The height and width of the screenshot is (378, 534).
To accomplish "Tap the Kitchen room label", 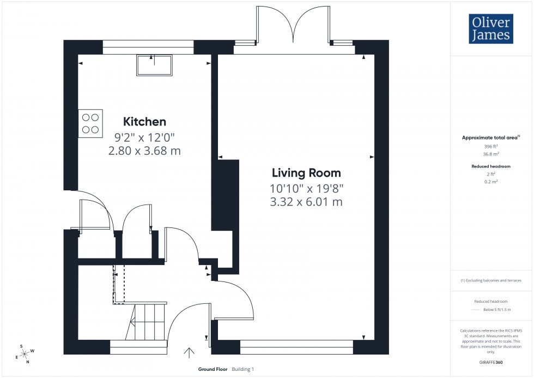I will pos(144,122).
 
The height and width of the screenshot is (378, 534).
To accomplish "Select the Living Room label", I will pos(306,173).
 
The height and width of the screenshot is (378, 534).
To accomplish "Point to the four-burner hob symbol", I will pos(90,123).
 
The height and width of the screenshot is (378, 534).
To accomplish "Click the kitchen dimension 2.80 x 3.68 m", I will pos(144,151).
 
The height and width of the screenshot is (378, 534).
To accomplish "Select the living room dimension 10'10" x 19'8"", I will pos(306,188).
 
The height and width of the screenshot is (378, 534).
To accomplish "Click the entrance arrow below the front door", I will pos(189,353).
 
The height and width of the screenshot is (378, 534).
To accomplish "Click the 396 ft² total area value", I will pos(491,147).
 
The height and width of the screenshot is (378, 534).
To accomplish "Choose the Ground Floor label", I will pos(213,369).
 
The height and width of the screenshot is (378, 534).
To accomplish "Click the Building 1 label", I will pos(243,369).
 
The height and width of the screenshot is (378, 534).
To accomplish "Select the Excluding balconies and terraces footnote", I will pos(491,280).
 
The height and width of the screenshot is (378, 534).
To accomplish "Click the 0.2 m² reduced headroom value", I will pos(491,181).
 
